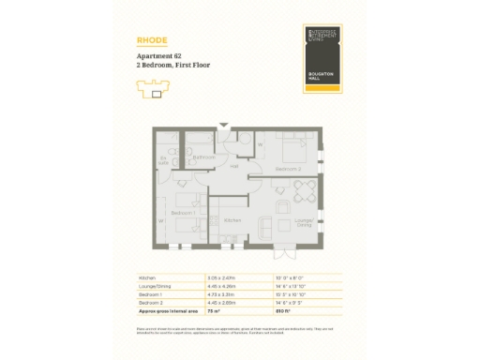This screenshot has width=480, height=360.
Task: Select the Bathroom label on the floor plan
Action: (204, 157)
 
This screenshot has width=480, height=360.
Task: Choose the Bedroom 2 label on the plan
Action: (287, 169)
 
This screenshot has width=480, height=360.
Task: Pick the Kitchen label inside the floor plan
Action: (233, 220)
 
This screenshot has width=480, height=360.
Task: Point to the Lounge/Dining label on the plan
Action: (304, 223)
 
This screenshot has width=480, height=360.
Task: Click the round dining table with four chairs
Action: (301, 191)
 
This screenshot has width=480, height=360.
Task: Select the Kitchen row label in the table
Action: (146, 278)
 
